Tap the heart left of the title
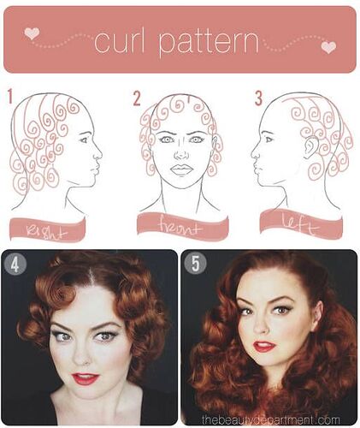coord(32,33)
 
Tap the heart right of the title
coord(328,47)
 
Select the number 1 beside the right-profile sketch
coord(10,96)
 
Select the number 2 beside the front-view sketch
coord(137,98)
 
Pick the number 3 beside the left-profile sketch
coord(258,98)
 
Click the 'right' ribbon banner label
coord(47,230)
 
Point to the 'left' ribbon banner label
coord(301,224)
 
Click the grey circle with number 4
coord(15,265)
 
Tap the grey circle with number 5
coord(195,264)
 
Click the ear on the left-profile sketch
coord(310,147)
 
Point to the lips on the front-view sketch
coord(180,169)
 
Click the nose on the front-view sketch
coord(180,154)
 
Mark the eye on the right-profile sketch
coord(83,140)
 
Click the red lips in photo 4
coord(86,378)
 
